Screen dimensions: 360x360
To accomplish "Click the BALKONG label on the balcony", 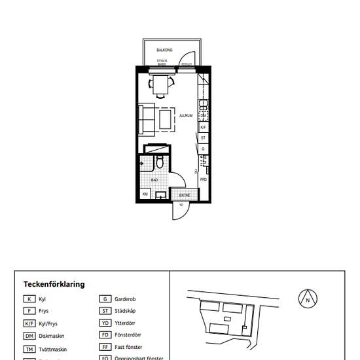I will pyautogui.click(x=164, y=50).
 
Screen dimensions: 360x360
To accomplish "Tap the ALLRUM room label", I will pyautogui.click(x=185, y=116).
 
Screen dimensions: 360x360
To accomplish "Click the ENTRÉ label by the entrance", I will pyautogui.click(x=184, y=194).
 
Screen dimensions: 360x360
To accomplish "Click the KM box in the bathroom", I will pyautogui.click(x=145, y=194).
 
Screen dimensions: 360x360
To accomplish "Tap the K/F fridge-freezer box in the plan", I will pyautogui.click(x=204, y=127).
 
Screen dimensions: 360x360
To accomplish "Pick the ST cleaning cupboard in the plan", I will pyautogui.click(x=204, y=138).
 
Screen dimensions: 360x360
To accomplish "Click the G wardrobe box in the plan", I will pyautogui.click(x=204, y=149).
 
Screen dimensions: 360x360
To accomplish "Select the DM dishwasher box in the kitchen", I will pyautogui.click(x=204, y=116).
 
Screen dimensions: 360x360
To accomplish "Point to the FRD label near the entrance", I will pyautogui.click(x=204, y=179).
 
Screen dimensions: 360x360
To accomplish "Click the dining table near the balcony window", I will pyautogui.click(x=161, y=84).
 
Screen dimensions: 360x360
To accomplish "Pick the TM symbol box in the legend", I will pyautogui.click(x=29, y=349).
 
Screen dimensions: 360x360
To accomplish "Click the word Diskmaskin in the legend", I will pyautogui.click(x=50, y=336).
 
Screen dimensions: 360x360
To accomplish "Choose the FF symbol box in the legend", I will pyautogui.click(x=105, y=347).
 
